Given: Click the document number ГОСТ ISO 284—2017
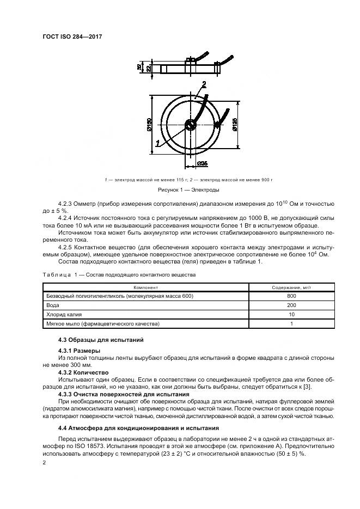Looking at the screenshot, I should [72, 36].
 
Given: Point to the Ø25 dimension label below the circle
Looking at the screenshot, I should [202, 163].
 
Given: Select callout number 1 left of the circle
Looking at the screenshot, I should [157, 143].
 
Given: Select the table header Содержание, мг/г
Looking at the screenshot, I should [291, 287].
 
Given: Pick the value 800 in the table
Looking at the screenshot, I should [291, 296].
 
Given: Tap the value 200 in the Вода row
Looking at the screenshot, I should [291, 305].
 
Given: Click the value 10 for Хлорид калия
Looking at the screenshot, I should [291, 315].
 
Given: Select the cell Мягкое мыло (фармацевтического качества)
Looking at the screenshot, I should [103, 324].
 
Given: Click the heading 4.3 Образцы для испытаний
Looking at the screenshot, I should [93, 340].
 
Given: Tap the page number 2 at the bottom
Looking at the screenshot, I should [45, 463].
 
